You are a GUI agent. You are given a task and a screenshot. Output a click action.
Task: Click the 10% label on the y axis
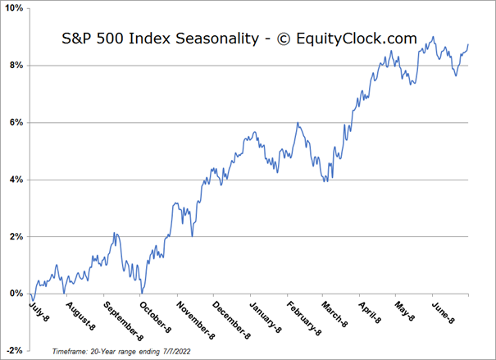click(x=15, y=8)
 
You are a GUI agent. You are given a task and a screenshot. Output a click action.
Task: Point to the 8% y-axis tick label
click(x=16, y=66)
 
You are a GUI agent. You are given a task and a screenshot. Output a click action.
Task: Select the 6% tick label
click(x=16, y=122)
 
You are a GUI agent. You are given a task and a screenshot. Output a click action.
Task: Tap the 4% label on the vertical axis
click(x=16, y=180)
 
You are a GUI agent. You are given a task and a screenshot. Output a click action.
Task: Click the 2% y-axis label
click(x=16, y=237)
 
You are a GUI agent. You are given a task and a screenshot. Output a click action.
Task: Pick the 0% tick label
click(x=16, y=294)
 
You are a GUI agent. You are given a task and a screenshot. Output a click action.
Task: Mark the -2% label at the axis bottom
click(x=16, y=350)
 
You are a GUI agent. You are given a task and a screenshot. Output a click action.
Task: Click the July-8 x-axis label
click(x=39, y=312)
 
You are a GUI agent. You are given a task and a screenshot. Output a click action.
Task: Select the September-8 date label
click(x=123, y=321)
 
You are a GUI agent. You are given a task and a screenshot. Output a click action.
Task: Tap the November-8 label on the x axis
click(x=195, y=321)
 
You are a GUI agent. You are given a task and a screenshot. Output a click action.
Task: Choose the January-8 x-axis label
click(x=265, y=317)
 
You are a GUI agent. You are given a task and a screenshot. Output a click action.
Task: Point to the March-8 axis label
click(x=334, y=314)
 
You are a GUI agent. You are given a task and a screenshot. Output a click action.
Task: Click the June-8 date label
click(x=443, y=312)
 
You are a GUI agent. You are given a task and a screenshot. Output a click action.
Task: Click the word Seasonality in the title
click(x=217, y=39)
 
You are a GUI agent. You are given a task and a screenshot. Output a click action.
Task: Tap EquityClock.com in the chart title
click(x=357, y=39)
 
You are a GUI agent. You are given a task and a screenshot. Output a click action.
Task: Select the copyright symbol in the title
click(x=284, y=39)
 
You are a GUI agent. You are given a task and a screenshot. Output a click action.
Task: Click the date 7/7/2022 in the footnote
click(x=177, y=352)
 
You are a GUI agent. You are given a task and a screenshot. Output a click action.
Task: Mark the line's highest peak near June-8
click(x=433, y=37)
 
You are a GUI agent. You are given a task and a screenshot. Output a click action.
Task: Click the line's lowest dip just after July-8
click(x=33, y=300)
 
